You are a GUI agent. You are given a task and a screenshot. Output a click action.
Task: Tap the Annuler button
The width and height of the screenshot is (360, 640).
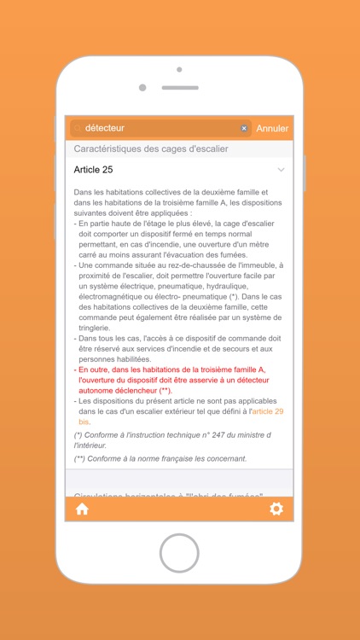click(272, 128)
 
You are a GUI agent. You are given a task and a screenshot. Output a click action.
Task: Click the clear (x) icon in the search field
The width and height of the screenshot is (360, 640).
click(244, 128)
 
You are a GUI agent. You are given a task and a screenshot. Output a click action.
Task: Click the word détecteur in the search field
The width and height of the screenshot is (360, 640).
click(105, 128)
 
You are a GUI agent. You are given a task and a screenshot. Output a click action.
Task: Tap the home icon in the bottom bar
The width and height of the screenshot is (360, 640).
click(82, 509)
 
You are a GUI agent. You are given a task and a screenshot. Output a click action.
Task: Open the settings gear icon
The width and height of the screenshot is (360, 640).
click(276, 509)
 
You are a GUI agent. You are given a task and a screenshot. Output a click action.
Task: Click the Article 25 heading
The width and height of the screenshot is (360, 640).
click(93, 170)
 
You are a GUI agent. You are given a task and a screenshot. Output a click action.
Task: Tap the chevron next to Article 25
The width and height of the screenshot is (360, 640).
click(281, 170)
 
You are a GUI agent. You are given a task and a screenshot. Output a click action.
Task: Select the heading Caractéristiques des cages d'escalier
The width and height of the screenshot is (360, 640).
click(151, 148)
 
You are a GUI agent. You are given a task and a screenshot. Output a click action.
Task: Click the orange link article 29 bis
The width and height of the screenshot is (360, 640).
click(267, 411)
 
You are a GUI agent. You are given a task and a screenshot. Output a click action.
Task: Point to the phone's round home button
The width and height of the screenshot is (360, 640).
click(179, 554)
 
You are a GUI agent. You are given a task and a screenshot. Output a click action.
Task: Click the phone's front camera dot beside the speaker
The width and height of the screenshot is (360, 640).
click(142, 87)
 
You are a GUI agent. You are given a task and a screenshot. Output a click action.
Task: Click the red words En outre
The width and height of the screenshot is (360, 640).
click(97, 369)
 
